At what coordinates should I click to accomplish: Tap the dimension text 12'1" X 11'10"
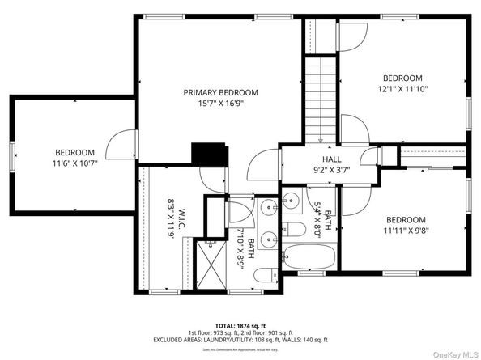coord(402,90)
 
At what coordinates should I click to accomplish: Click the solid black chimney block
coord(207,155)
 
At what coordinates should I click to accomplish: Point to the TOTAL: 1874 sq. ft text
coord(240,323)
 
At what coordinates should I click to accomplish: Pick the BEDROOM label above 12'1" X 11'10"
coord(402,78)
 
